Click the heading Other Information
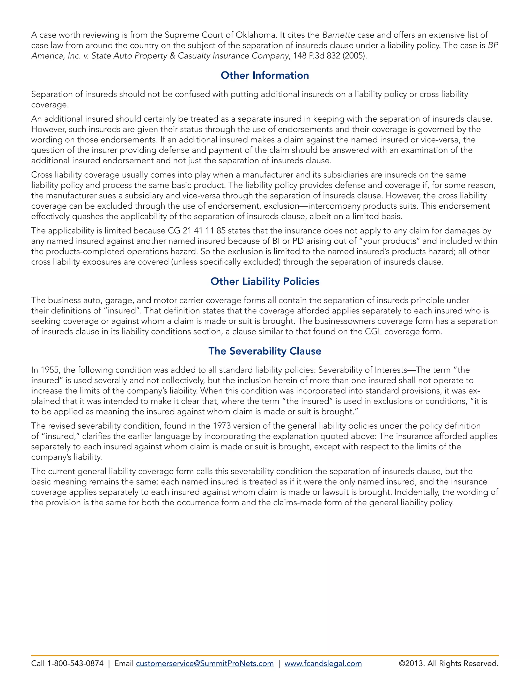pos(265,75)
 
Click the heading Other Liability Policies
pos(265,281)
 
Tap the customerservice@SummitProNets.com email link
pos(205,663)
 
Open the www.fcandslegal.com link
pos(323,663)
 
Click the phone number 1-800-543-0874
pos(75,663)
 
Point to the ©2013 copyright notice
pos(448,663)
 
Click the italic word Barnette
pos(338,35)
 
